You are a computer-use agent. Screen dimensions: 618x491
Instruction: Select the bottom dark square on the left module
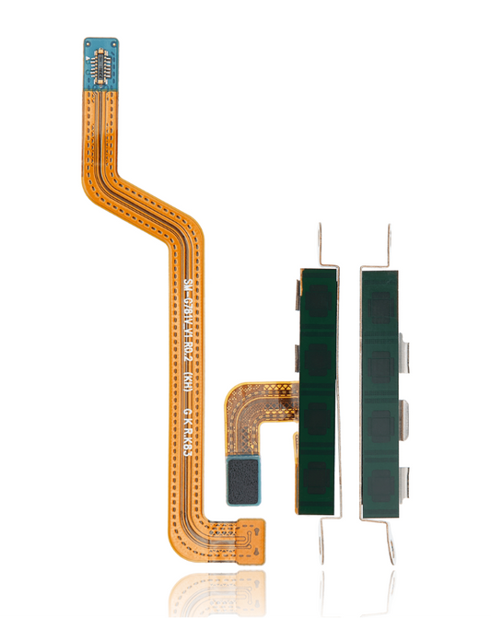(316, 474)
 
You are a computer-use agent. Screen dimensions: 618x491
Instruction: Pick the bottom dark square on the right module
(384, 474)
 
